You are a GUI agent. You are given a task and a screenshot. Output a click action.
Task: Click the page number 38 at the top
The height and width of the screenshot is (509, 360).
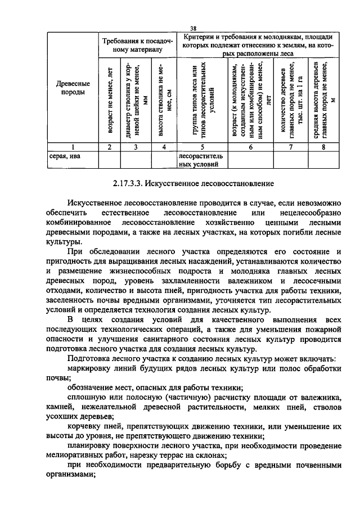[193, 29]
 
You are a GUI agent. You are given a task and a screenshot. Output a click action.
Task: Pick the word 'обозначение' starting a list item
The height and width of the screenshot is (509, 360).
[90, 388]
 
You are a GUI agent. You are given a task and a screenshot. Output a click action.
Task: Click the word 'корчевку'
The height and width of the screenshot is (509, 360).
[84, 426]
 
